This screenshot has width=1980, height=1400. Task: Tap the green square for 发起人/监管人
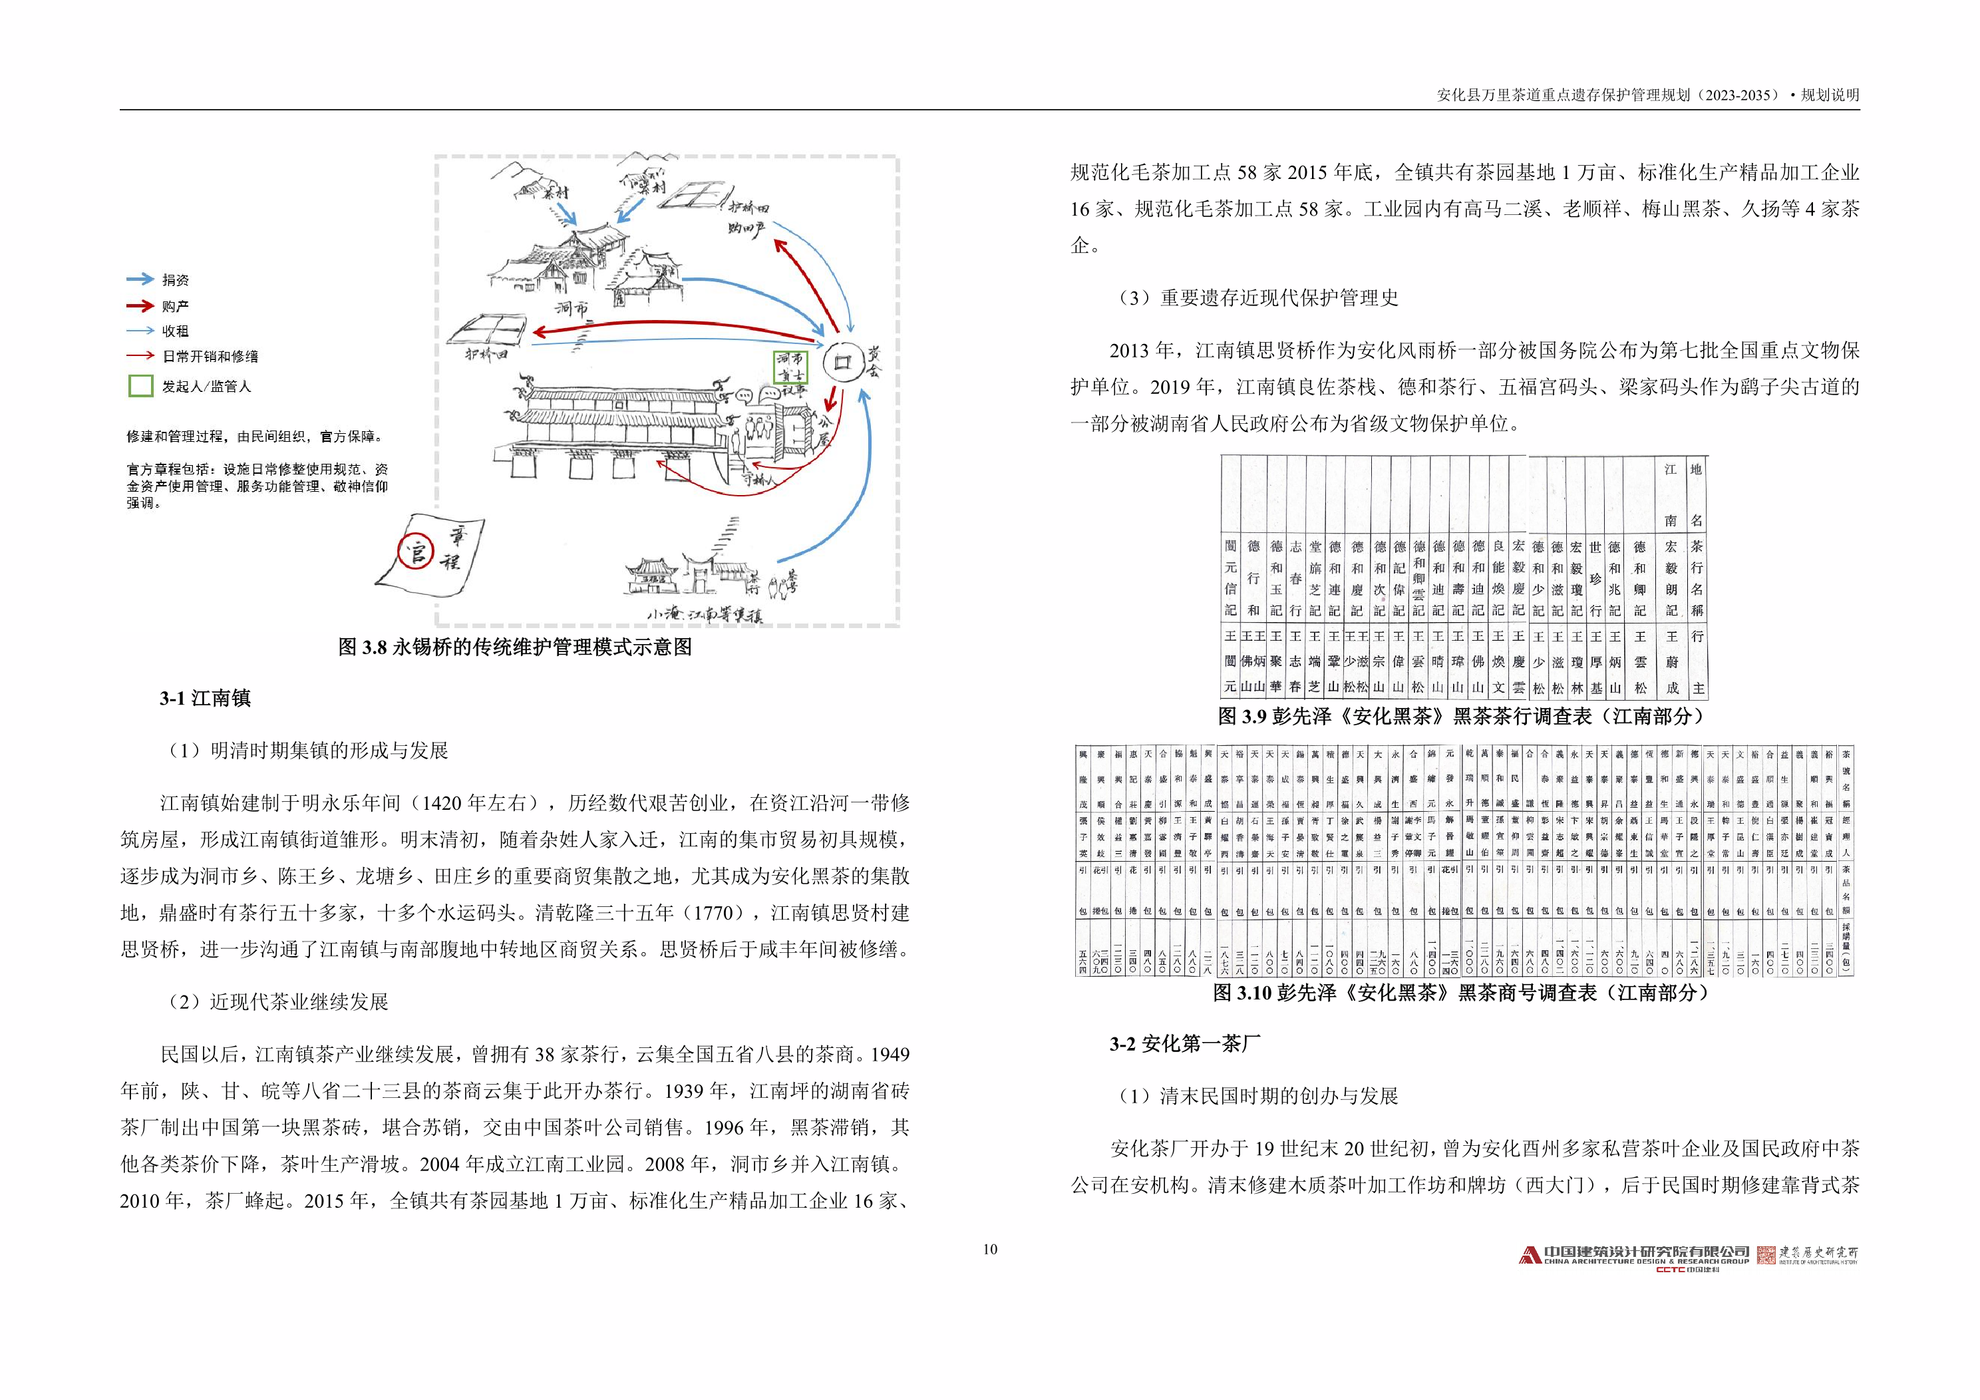point(140,385)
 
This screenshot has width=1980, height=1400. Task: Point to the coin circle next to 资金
point(842,362)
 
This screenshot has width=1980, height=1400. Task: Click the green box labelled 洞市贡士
point(790,367)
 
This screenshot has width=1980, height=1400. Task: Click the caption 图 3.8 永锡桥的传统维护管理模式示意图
point(515,647)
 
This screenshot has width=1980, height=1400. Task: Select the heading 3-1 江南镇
point(204,698)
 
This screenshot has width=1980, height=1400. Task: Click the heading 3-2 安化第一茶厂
point(1184,1044)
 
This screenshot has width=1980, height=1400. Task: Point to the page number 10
point(989,1249)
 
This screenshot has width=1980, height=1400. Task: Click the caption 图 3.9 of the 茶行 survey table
point(1464,716)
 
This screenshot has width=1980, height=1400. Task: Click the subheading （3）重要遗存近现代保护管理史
point(1257,297)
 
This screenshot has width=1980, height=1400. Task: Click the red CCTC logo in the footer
point(1671,1270)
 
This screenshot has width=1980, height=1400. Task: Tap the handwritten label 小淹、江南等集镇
point(705,615)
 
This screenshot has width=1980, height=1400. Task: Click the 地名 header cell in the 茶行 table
point(1695,494)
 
